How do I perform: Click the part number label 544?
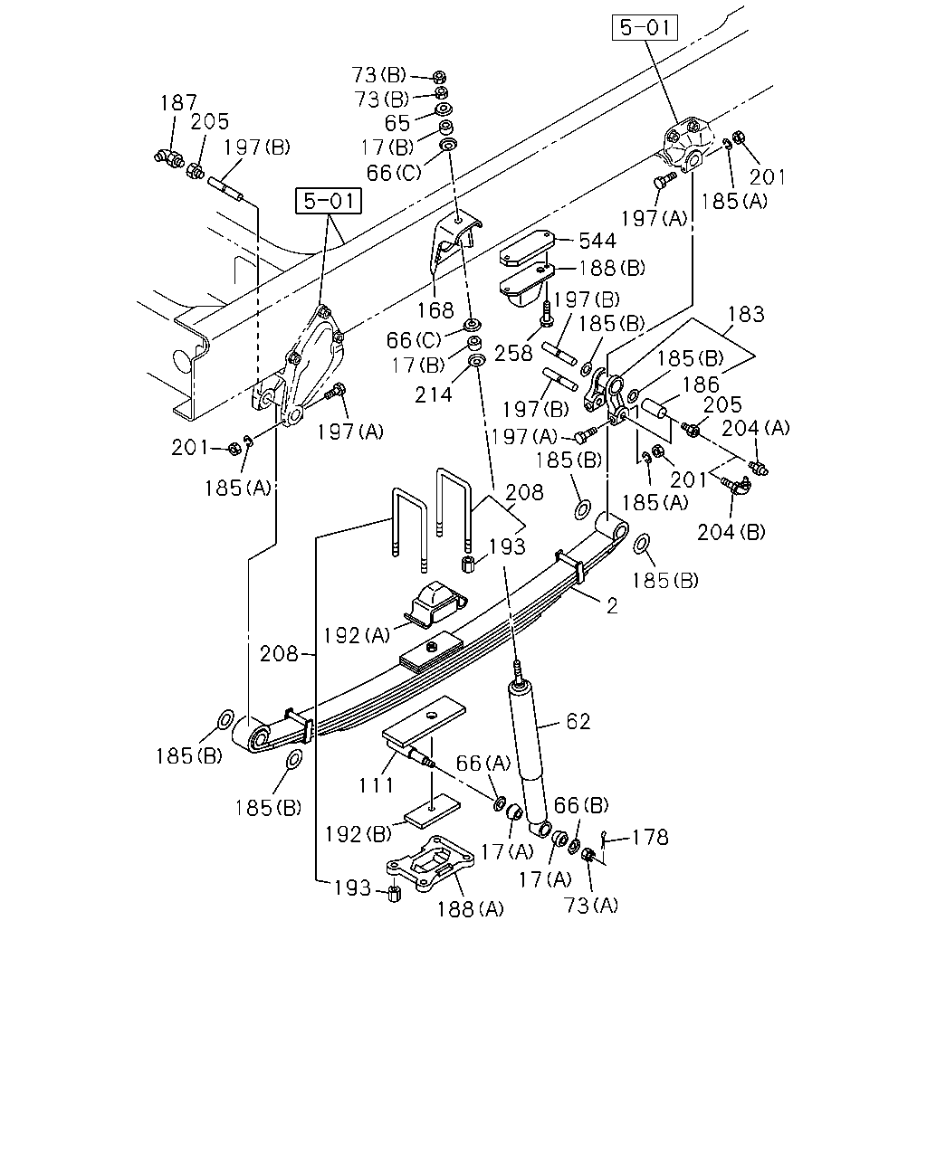click(597, 241)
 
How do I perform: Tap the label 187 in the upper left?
click(179, 102)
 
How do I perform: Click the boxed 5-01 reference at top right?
click(645, 27)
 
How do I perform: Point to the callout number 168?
click(435, 310)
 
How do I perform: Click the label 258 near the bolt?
click(513, 354)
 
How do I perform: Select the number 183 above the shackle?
click(746, 314)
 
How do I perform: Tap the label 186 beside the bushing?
click(701, 384)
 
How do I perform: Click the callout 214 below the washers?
click(433, 395)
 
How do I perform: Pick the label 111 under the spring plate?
click(377, 785)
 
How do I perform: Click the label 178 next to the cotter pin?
click(650, 838)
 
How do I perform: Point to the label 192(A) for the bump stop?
click(356, 635)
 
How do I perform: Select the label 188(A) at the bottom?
click(470, 909)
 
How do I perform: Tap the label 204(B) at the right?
click(731, 532)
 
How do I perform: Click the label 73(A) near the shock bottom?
click(591, 906)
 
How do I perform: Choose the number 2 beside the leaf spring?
click(612, 606)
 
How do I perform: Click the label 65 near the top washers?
click(397, 123)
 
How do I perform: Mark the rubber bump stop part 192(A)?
click(435, 604)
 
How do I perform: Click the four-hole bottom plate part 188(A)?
click(430, 864)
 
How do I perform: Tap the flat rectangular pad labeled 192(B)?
click(432, 811)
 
